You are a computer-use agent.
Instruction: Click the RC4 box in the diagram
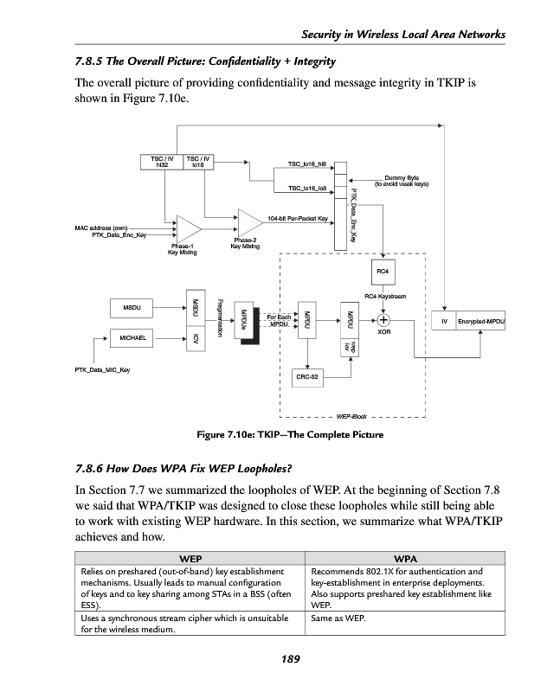click(x=383, y=271)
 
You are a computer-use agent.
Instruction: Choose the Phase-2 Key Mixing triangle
click(x=250, y=221)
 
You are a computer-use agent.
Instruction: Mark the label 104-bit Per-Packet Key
click(x=297, y=218)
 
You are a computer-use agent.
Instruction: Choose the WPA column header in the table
click(x=406, y=560)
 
